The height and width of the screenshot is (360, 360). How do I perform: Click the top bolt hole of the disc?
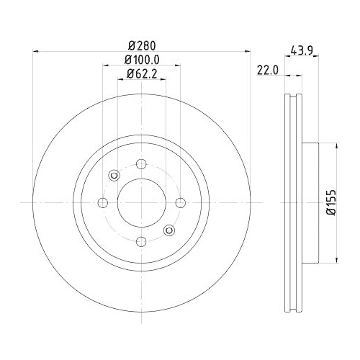pos(141,163)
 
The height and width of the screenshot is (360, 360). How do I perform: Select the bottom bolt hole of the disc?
pos(141,241)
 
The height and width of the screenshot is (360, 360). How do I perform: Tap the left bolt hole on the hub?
pos(102,202)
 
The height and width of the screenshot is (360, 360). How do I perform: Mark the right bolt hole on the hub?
pos(180,202)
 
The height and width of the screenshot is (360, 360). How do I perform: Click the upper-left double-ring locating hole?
pos(114,175)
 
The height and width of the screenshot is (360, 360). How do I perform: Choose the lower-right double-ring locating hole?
pos(169,230)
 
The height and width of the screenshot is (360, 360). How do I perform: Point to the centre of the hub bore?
pos(141,202)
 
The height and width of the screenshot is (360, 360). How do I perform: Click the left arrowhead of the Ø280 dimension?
pos(37,50)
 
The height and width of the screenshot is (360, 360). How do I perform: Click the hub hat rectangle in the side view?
pos(310,202)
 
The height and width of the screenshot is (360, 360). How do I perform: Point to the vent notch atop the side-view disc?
pos(294,97)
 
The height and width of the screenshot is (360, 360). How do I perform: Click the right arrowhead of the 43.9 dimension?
pos(318,73)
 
